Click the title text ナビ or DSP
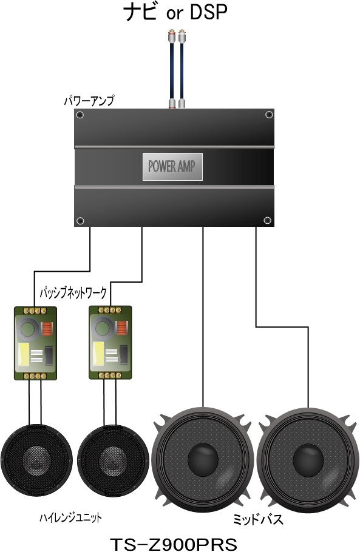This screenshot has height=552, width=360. point(175,12)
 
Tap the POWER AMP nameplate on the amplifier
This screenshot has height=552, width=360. point(172,167)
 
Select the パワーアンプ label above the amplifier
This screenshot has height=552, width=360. point(89,101)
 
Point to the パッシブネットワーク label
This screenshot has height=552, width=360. point(73,292)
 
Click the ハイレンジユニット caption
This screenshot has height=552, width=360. point(70,517)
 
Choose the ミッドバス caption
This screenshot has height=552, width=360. point(258,519)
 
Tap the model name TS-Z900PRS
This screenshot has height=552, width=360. point(174,544)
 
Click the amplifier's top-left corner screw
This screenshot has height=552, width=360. point(80,115)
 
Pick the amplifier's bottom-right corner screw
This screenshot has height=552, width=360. point(267,220)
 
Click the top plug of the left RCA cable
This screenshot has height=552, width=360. point(172,36)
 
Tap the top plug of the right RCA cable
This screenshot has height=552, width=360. point(182,36)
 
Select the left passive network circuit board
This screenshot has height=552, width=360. point(36,343)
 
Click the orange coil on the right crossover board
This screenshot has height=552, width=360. point(121,329)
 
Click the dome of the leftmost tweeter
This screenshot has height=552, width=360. point(36,459)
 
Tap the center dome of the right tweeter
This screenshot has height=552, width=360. point(113,459)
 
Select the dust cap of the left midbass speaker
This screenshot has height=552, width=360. point(203,460)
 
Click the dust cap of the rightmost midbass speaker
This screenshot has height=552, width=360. point(308,460)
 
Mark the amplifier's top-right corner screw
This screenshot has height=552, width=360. point(269,115)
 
